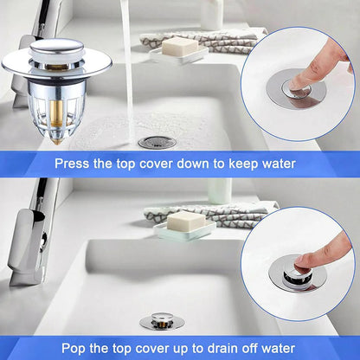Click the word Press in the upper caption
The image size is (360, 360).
[x=74, y=162]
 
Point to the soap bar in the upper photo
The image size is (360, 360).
[x=177, y=47]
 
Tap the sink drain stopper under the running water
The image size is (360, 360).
[x=157, y=141]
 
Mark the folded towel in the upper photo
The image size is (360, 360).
[x=208, y=39]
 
